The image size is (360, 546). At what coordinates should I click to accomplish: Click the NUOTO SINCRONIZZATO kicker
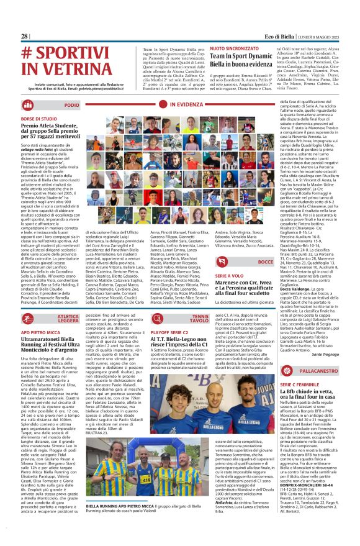pyautogui.click(x=234, y=48)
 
